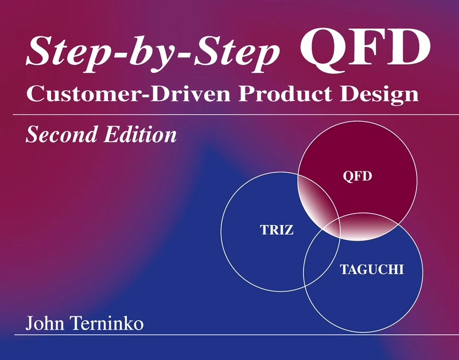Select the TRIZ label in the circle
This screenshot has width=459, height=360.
tap(277, 231)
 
